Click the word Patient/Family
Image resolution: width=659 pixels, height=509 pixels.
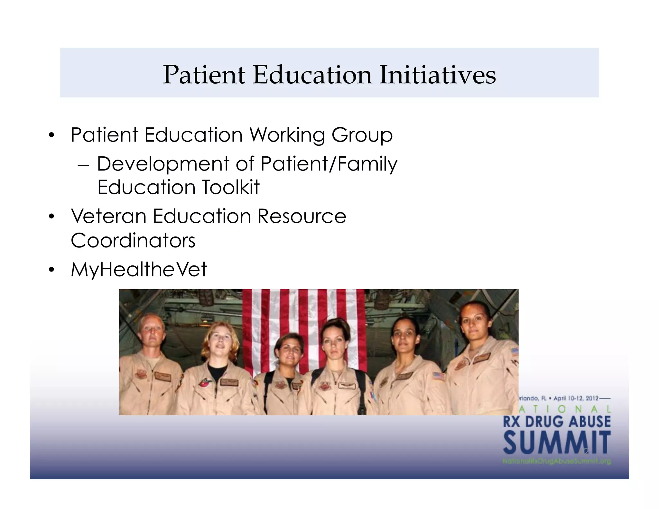point(329,164)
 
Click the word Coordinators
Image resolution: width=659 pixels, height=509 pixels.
point(133,240)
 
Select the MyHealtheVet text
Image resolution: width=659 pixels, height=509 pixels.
point(139,269)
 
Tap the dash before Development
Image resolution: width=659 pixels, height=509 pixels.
point(83,165)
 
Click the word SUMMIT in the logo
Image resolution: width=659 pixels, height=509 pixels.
point(557,443)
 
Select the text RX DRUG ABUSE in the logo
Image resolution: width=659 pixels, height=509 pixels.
point(557,421)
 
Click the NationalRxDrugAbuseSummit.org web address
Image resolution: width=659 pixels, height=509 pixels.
point(557,461)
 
